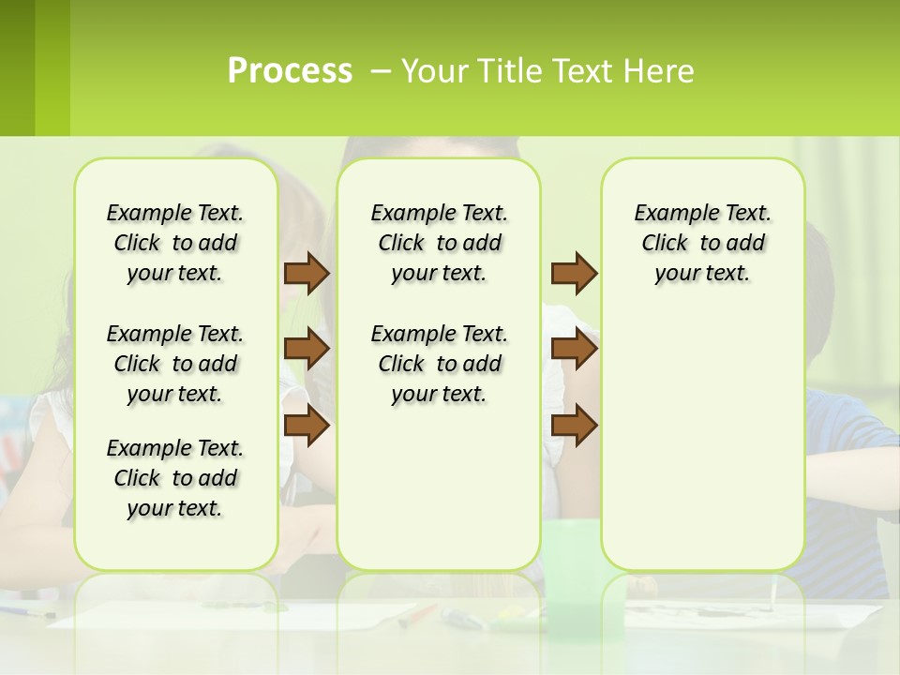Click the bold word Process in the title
(290, 71)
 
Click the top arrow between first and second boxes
(307, 273)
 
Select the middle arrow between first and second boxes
(307, 350)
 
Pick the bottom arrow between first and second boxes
(307, 426)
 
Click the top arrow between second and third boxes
(574, 273)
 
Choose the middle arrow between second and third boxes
(574, 350)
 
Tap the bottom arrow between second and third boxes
(574, 426)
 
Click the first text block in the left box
(175, 243)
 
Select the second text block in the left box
(175, 364)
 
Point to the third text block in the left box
(175, 478)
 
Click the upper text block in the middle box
(440, 243)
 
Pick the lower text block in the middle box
(440, 364)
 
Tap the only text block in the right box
(703, 243)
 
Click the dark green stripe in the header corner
(17, 67)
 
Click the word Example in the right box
(670, 214)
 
